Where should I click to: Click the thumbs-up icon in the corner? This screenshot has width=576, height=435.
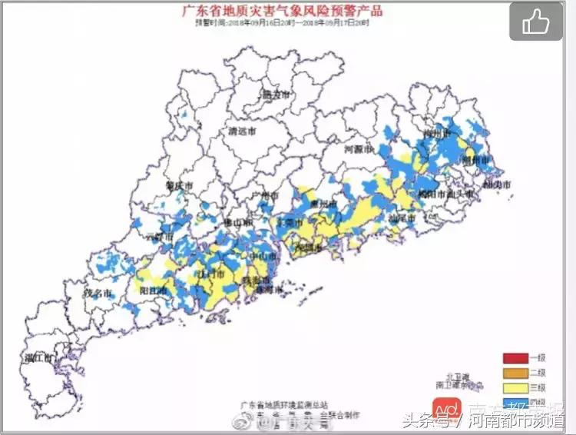pos(537,22)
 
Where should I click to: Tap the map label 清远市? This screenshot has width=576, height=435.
pos(244,131)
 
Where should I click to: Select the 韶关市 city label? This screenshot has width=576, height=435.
pos(276,95)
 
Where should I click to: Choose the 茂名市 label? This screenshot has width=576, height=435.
pos(100,294)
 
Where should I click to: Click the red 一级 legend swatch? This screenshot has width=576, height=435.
pos(514,358)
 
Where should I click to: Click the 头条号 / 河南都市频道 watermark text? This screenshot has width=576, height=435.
pos(484,420)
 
